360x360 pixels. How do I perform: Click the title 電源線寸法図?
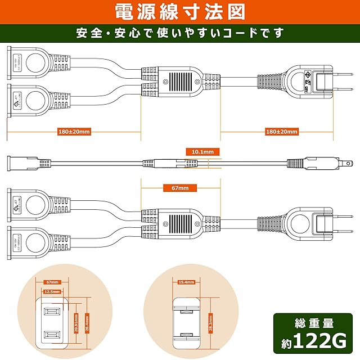coord(179,11)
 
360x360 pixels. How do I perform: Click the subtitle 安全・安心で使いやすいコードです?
coord(179,32)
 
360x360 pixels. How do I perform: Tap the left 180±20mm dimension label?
coord(74,132)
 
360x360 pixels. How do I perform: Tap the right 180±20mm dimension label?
coord(281,132)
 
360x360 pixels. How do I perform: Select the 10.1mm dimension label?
coord(202,151)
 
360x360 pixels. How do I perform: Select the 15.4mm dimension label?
coord(186,282)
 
